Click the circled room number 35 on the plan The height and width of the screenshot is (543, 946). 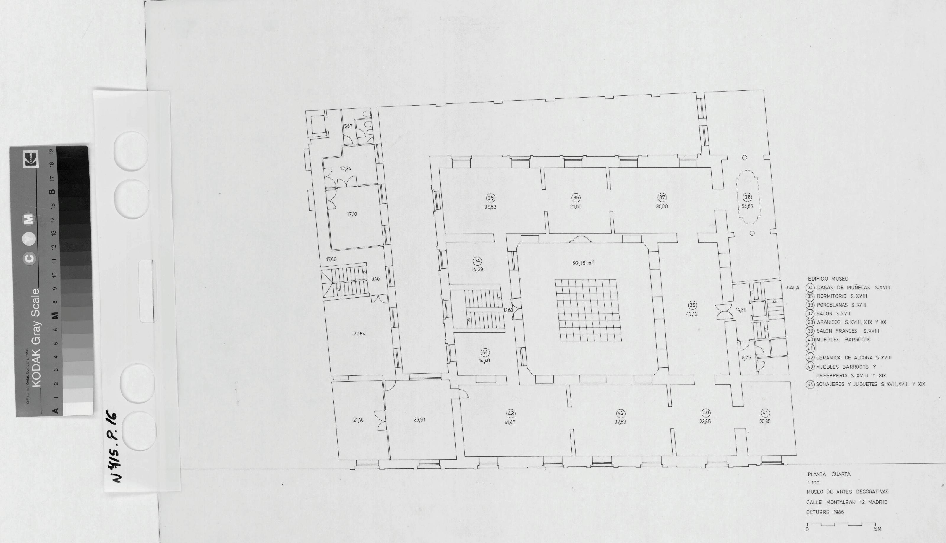(490, 198)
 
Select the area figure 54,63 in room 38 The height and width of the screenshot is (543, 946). (747, 206)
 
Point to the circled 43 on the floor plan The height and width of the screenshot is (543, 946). (511, 413)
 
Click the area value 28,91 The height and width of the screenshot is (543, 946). (419, 419)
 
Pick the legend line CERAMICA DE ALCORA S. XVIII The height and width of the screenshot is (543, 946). (853, 358)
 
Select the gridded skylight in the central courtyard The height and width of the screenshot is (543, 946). (588, 310)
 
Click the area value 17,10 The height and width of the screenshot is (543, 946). (351, 214)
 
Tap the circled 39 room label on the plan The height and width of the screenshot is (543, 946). (692, 305)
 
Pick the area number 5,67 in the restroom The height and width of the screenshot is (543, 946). (348, 127)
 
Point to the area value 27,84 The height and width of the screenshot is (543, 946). (359, 334)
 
